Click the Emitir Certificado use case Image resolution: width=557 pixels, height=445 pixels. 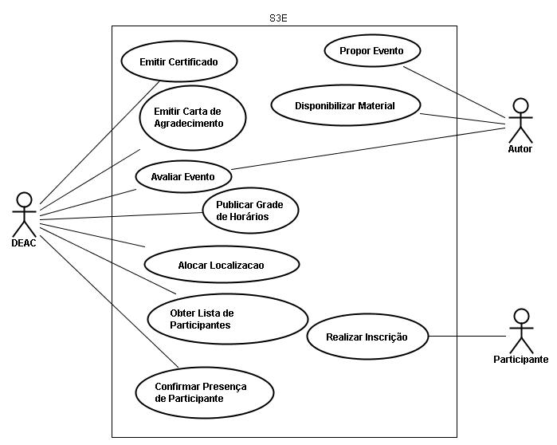tap(178, 61)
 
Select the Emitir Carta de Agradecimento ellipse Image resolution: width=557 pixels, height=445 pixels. tap(192, 118)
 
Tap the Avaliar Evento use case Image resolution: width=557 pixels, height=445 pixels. tap(182, 177)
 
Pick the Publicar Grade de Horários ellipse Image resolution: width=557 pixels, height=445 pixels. tap(249, 211)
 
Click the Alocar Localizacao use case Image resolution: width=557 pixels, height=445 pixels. tap(221, 264)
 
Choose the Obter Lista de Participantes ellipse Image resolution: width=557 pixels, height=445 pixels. tap(227, 319)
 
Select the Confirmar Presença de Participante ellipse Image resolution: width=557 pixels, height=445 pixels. tap(204, 392)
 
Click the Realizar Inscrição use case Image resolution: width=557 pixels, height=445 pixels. tap(367, 337)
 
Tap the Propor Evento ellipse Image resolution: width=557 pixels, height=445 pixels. tap(371, 51)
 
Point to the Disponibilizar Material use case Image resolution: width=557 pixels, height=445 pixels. tap(345, 106)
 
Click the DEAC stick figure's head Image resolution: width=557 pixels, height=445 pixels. tap(24, 199)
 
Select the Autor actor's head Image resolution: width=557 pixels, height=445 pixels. tap(520, 106)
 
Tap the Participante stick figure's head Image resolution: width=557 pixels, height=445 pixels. tap(521, 315)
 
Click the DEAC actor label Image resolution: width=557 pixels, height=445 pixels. tap(23, 243)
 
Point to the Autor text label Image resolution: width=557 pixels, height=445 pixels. tap(520, 149)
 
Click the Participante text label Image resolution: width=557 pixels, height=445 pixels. tap(520, 360)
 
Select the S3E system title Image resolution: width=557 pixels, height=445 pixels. tap(278, 18)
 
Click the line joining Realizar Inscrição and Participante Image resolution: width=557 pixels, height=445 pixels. tap(466, 337)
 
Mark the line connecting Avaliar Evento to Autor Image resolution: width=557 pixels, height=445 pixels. tap(367, 149)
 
